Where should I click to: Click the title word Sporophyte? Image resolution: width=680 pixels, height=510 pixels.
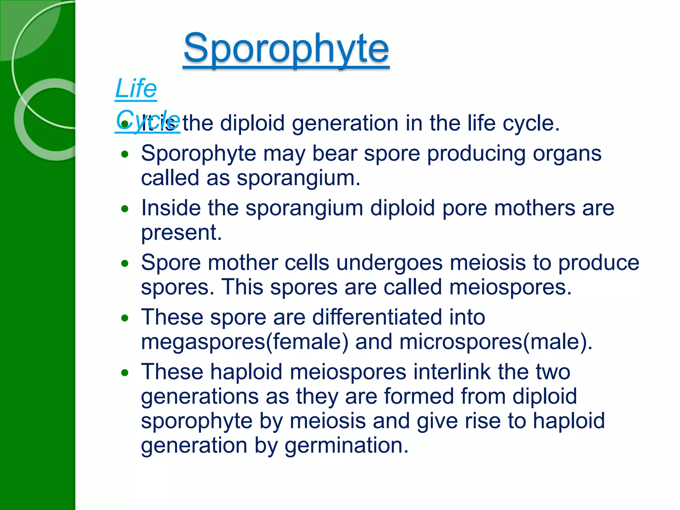(286, 49)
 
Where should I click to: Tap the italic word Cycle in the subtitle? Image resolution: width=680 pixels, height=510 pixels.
(148, 120)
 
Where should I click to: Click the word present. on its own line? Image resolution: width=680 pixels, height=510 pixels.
(181, 232)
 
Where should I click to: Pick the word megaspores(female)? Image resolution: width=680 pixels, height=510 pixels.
(244, 342)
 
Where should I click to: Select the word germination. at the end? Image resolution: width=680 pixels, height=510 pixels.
(346, 446)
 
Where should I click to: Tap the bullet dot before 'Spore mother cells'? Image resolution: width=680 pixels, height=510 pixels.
(125, 264)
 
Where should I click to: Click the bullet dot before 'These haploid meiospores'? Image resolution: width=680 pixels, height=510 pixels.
(125, 373)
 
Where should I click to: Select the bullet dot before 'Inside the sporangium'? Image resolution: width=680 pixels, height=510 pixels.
(125, 209)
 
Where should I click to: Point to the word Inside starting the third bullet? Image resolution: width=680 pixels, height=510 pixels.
(171, 208)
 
